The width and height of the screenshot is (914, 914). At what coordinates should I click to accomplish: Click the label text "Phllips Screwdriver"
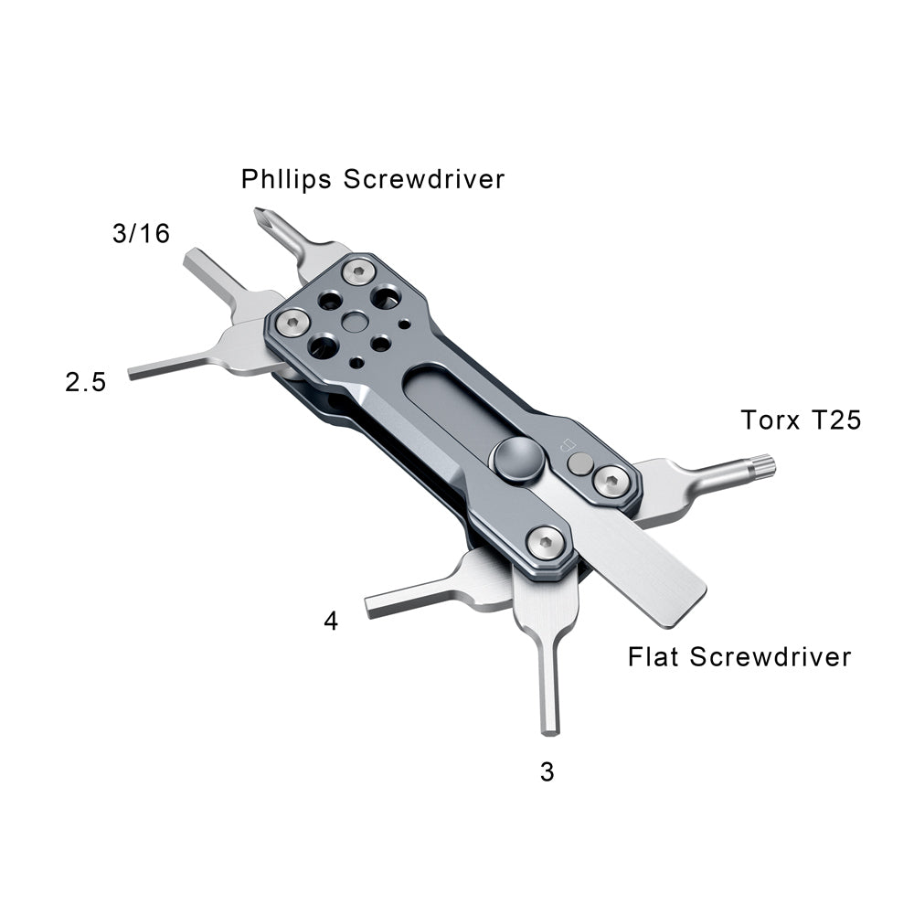[372, 178]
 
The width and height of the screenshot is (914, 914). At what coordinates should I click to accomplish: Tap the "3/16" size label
[141, 233]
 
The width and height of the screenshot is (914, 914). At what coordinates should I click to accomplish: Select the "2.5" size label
[85, 381]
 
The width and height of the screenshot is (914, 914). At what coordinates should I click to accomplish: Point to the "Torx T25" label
[801, 420]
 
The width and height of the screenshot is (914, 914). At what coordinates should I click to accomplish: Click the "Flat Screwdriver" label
[739, 656]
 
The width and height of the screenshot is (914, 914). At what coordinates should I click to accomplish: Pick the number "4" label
[331, 622]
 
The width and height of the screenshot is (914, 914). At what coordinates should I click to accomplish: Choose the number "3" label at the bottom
[547, 772]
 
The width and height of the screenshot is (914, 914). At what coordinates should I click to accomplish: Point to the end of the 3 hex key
[549, 727]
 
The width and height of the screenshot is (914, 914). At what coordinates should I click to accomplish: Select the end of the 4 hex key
[373, 606]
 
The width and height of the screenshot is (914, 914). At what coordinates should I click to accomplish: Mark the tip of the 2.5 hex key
[133, 374]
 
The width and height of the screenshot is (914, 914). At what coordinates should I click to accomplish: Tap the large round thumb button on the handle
[515, 458]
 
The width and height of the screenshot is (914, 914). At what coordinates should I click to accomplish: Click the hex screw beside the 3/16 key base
[292, 321]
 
